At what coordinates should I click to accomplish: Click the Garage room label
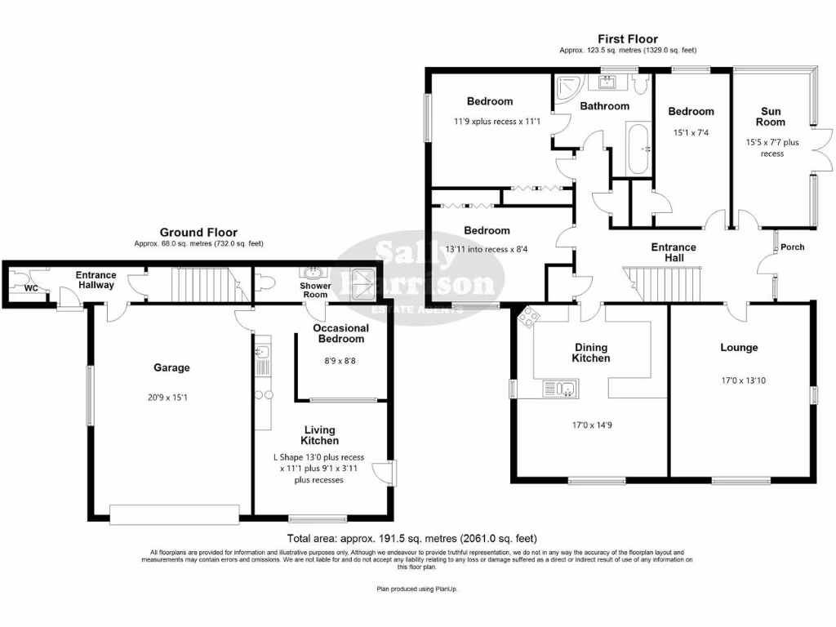click(171, 368)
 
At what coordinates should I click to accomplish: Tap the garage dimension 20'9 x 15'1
click(167, 398)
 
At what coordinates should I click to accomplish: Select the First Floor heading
click(628, 39)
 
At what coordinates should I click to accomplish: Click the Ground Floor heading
click(198, 233)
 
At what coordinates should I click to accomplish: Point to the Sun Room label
click(771, 117)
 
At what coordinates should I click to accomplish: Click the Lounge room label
click(739, 348)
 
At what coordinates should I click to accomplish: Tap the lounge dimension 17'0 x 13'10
click(743, 380)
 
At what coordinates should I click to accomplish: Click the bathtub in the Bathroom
click(638, 149)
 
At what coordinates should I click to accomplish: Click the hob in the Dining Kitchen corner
click(528, 317)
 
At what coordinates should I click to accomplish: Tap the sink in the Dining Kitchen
click(560, 389)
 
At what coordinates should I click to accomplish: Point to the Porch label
click(792, 247)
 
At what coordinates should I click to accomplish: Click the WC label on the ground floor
click(31, 288)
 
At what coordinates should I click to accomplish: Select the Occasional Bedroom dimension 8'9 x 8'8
click(340, 361)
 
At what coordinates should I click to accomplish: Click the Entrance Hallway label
click(96, 280)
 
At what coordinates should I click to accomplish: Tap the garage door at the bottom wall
click(175, 514)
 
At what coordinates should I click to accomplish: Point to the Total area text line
click(412, 539)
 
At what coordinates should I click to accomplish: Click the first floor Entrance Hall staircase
click(662, 284)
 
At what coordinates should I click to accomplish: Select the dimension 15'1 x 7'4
click(691, 133)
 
